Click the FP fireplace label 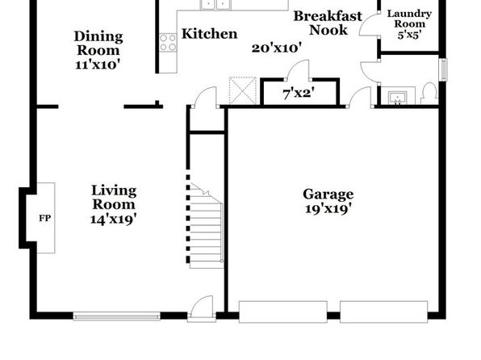point(44,218)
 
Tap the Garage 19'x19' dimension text point(328,209)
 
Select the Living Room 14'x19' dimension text point(114,219)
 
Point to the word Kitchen point(210,34)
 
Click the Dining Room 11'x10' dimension point(98,65)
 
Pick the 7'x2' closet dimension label point(299,94)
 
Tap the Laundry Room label point(409,19)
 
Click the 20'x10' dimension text point(277,48)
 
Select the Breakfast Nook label point(328,23)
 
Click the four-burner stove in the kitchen point(168,42)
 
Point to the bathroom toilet point(429,93)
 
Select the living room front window point(116,316)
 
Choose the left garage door point(282,312)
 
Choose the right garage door point(384,312)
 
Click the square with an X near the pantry point(243,90)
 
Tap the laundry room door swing point(370,25)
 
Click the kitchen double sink point(216,4)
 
